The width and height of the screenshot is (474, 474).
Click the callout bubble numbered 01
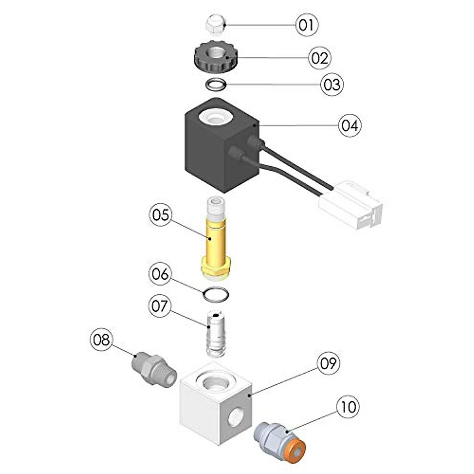307,25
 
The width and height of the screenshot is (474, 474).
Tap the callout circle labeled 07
160,306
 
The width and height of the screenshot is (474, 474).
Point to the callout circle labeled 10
348,406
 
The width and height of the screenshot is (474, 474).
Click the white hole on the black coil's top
215,116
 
